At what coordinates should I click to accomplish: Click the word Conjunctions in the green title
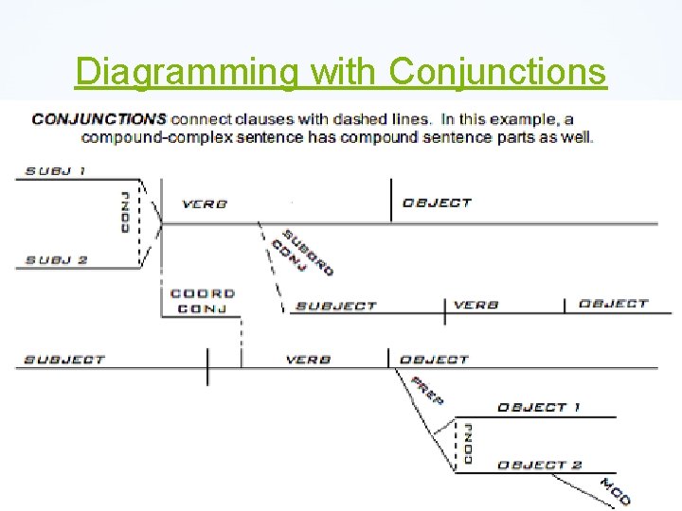click(x=497, y=71)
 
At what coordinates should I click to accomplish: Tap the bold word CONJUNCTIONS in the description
click(x=99, y=119)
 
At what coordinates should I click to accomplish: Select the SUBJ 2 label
click(x=56, y=260)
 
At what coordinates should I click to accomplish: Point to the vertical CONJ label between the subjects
click(x=125, y=212)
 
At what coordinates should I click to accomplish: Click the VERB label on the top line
click(x=204, y=203)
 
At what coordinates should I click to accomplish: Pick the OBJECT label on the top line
click(x=437, y=203)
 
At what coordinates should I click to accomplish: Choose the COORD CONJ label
click(x=202, y=301)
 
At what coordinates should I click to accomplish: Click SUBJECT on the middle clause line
click(x=335, y=306)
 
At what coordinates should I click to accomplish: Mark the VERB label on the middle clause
click(x=476, y=305)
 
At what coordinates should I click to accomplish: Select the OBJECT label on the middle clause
click(x=613, y=304)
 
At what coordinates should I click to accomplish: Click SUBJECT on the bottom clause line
click(x=63, y=360)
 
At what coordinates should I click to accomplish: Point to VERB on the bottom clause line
click(x=308, y=360)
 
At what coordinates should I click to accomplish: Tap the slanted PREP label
click(x=427, y=390)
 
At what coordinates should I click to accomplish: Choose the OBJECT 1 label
click(x=538, y=407)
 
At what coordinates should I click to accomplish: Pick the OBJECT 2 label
click(x=539, y=465)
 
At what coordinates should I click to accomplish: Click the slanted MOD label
click(x=615, y=491)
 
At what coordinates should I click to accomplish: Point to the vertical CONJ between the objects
click(x=468, y=443)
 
